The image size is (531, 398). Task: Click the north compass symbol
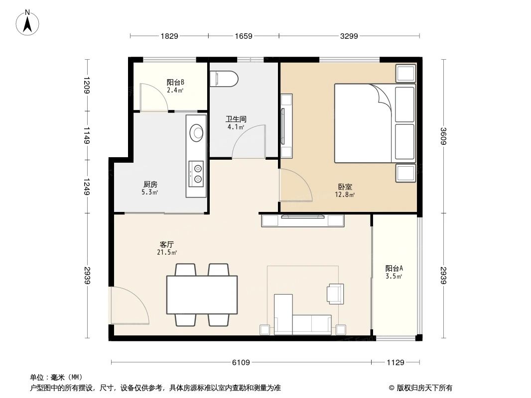pyautogui.click(x=28, y=22)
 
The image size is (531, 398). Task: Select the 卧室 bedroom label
pyautogui.click(x=345, y=187)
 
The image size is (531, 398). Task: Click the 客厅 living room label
pyautogui.click(x=167, y=245)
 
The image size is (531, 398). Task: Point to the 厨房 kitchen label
pyautogui.click(x=150, y=185)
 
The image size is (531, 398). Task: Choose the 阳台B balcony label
pyautogui.click(x=175, y=83)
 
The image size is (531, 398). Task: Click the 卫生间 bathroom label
pyautogui.click(x=236, y=119)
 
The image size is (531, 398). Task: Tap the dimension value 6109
pyautogui.click(x=241, y=362)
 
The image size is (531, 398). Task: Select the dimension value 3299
pyautogui.click(x=349, y=36)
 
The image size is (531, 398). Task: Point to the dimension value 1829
pyautogui.click(x=169, y=36)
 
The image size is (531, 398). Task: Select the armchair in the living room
pyautogui.click(x=335, y=293)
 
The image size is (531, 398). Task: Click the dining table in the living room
pyautogui.click(x=201, y=295)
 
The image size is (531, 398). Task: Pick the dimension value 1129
pyautogui.click(x=396, y=362)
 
